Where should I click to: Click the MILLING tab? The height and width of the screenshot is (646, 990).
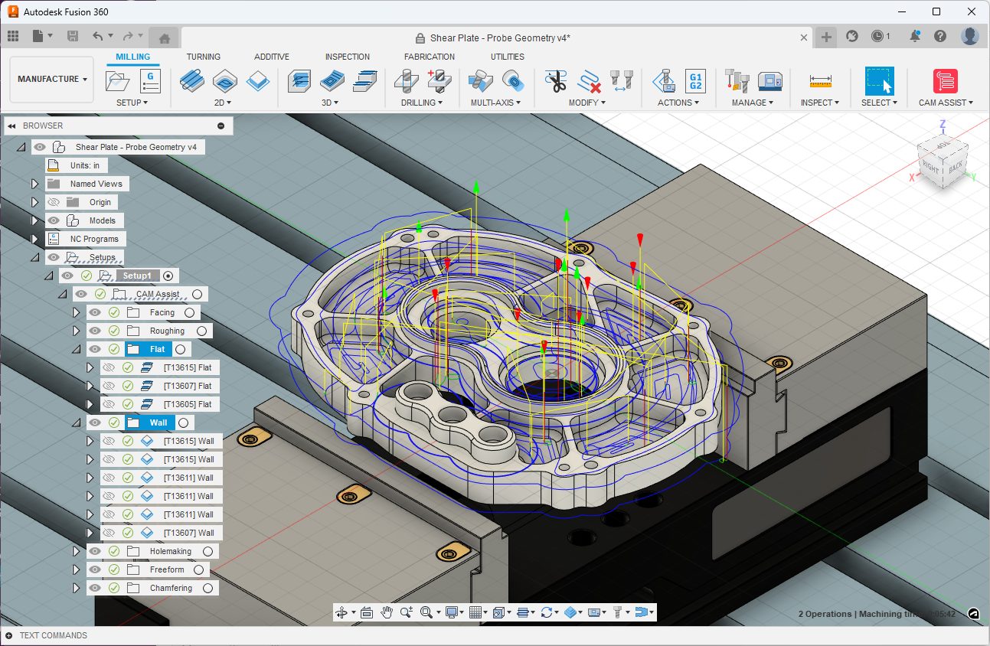click(133, 57)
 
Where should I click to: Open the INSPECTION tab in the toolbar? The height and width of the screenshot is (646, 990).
click(347, 57)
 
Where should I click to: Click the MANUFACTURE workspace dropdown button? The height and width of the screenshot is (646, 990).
click(52, 79)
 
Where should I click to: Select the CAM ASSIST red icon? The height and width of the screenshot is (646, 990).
click(945, 80)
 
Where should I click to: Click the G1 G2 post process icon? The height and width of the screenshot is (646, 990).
click(695, 80)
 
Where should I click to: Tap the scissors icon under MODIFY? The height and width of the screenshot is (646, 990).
click(555, 80)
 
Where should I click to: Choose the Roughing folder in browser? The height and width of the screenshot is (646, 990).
click(167, 331)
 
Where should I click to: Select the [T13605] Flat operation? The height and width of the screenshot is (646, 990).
click(188, 404)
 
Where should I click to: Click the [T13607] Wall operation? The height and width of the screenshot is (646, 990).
click(188, 533)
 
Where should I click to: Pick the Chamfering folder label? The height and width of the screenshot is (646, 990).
click(171, 588)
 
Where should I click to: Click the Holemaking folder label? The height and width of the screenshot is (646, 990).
click(171, 551)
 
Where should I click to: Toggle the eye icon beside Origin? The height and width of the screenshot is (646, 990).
click(54, 202)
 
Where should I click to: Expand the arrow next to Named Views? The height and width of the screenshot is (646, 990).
click(34, 184)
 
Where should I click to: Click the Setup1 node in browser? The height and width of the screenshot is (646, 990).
click(138, 276)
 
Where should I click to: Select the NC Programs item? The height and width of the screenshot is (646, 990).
click(94, 239)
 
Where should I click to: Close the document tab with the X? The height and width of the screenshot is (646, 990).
click(804, 38)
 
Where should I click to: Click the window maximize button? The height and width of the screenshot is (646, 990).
click(936, 11)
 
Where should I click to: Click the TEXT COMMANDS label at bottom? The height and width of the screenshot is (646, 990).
click(53, 635)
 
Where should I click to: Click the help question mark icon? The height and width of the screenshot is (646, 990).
click(940, 36)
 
